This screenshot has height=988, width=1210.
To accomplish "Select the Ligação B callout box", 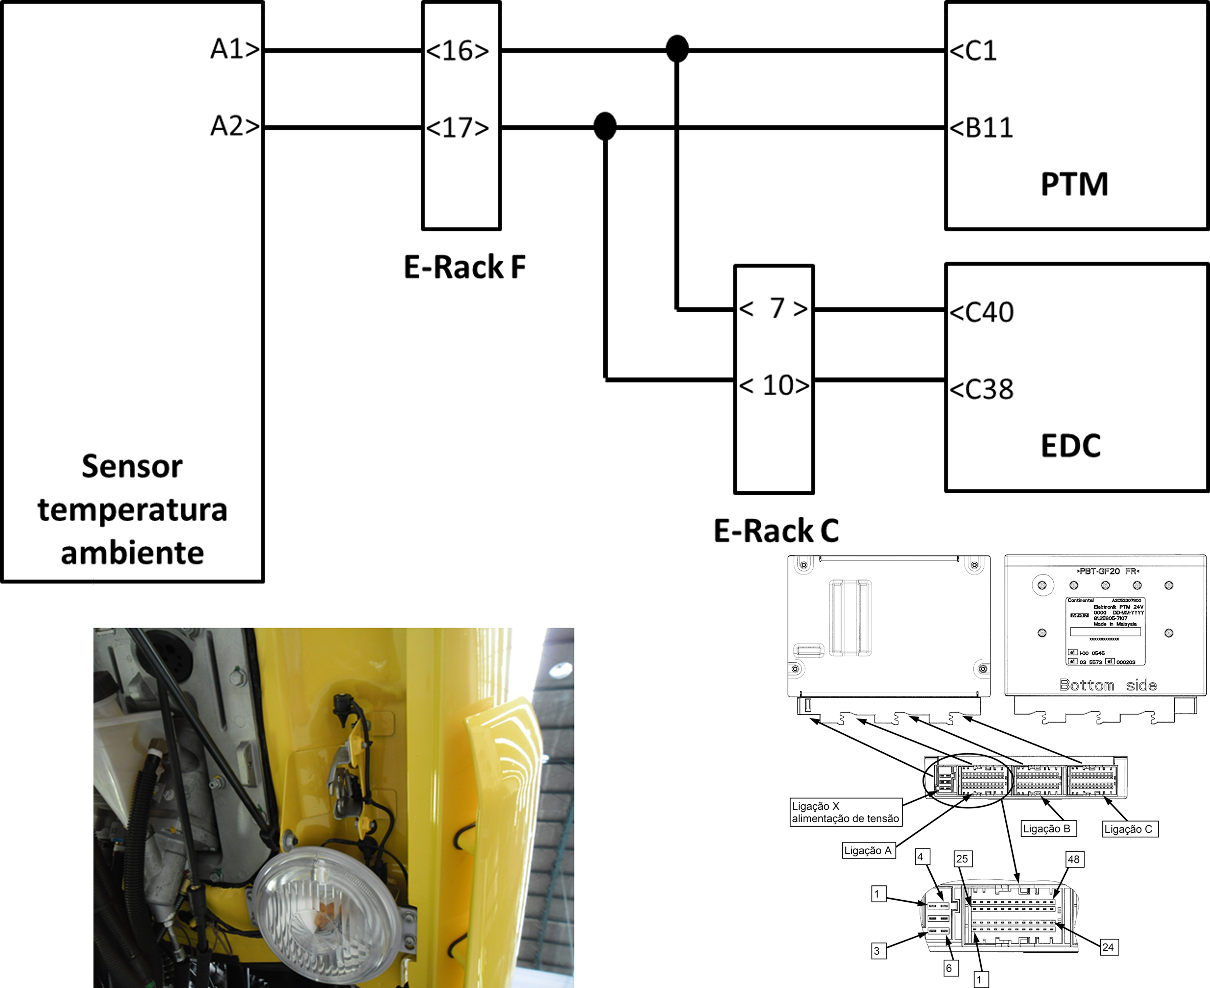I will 1046,829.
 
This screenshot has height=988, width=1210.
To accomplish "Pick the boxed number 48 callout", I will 1073,859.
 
